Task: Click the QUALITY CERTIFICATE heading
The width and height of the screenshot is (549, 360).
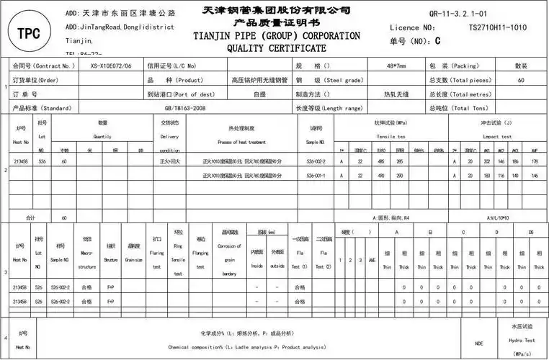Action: click(x=277, y=48)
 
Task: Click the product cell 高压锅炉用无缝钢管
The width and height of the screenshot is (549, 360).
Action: click(x=259, y=80)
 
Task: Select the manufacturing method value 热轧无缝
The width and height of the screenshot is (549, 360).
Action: click(x=396, y=94)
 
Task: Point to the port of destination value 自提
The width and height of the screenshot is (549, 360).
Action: click(x=259, y=94)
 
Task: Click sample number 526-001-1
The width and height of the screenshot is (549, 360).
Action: click(x=316, y=176)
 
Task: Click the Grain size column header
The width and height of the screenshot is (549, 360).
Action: click(x=134, y=255)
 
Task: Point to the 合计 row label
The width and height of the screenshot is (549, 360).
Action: click(x=30, y=217)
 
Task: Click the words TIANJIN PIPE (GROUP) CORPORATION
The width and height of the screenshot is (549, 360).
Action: click(x=277, y=36)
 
